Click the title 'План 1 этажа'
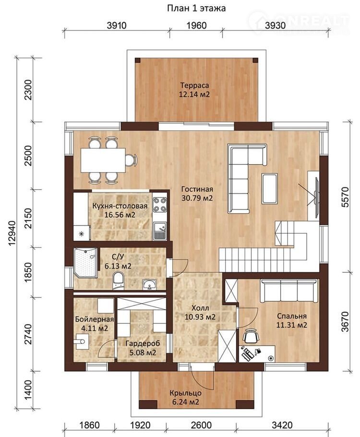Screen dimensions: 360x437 [196, 8]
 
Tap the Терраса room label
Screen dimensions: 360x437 [194, 85]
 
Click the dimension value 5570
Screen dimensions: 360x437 [345, 197]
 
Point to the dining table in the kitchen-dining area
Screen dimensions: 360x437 [103, 160]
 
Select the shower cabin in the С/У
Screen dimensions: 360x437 [85, 263]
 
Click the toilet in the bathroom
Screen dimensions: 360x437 [118, 281]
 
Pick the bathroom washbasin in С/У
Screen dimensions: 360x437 [150, 285]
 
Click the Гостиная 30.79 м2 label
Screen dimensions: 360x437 [197, 194]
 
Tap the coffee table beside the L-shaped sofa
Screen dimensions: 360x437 [269, 188]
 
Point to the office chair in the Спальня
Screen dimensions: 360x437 [251, 336]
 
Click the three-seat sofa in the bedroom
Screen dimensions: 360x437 [289, 291]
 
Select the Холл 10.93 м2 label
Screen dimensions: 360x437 [200, 313]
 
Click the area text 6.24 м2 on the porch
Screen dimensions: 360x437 [185, 402]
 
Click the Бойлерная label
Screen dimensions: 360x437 [95, 319]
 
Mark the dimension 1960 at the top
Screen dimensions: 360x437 [196, 25]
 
